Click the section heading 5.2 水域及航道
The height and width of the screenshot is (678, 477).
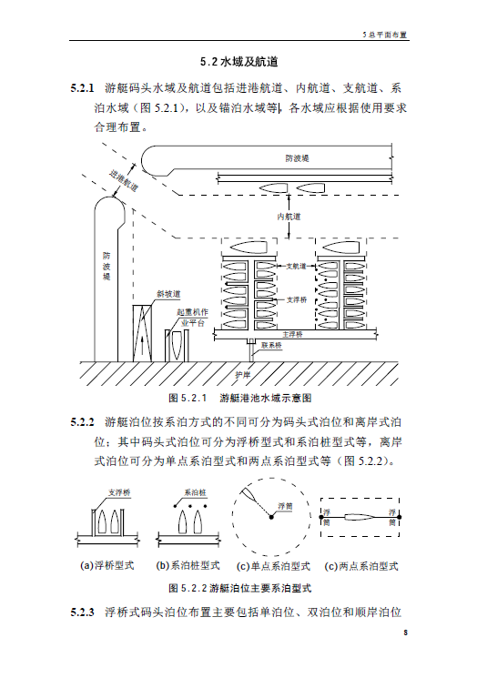pos(238,62)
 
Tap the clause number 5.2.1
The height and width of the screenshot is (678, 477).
pos(82,88)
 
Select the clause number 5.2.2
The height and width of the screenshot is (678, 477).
pos(82,422)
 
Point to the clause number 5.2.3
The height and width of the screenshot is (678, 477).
pos(82,612)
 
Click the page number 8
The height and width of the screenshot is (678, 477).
pos(405,632)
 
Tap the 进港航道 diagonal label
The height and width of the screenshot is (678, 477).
pos(124,181)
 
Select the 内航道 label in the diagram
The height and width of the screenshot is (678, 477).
pos(289,217)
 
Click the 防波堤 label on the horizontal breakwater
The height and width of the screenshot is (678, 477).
pos(297,158)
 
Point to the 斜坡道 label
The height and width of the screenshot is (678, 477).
pos(168,294)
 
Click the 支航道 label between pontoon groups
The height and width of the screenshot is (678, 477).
pos(296,267)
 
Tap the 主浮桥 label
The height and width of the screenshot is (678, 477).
pos(293,334)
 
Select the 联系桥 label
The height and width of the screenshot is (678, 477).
pos(271,346)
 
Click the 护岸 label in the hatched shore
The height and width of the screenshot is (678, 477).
pos(243,375)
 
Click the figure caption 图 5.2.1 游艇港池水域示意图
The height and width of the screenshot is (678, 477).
pos(240,398)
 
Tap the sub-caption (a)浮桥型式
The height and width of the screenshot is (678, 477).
pos(107,565)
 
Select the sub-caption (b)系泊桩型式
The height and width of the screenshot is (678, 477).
pos(188,565)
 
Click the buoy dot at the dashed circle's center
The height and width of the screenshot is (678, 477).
pos(271,517)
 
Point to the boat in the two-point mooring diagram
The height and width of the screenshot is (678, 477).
pos(360,517)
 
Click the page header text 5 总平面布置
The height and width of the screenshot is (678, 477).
pos(385,35)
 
